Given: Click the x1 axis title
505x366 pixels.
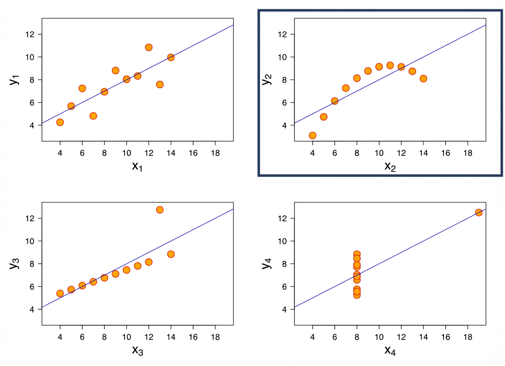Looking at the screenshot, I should (x=137, y=166).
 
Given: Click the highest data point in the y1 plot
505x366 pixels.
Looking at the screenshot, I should (x=149, y=47).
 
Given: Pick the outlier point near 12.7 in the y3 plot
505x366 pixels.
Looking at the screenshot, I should (x=159, y=210).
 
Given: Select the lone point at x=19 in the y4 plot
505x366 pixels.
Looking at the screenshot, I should (x=478, y=213).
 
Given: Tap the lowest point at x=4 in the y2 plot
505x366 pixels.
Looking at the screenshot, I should (x=312, y=135).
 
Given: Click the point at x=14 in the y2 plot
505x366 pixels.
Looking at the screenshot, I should (x=423, y=79).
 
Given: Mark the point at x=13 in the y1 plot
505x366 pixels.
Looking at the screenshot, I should (x=159, y=84).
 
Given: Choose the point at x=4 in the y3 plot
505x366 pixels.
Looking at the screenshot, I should (x=60, y=294).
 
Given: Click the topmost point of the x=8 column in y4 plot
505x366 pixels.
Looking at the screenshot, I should (x=357, y=254).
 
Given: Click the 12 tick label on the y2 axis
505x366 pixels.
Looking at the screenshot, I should (x=284, y=34).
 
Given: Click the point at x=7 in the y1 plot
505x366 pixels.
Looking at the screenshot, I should (x=93, y=116).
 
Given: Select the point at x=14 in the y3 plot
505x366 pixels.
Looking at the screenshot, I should (x=171, y=254).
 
